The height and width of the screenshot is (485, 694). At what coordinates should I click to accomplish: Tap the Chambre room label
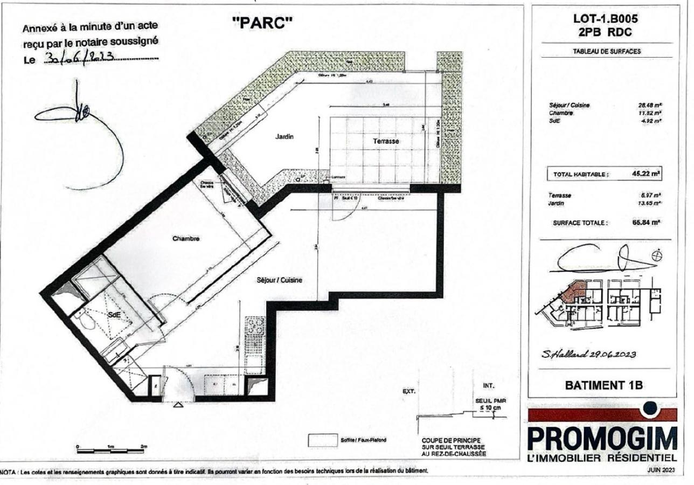186,239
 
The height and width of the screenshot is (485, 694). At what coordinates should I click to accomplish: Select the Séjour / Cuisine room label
279,280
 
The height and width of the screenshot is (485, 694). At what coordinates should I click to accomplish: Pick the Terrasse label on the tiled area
386,141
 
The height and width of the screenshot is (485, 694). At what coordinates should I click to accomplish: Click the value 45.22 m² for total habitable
647,174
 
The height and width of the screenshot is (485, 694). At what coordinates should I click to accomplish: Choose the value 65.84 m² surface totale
647,221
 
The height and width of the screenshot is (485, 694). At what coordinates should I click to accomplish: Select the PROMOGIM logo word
602,438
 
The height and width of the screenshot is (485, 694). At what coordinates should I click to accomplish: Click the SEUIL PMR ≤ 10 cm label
489,404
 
